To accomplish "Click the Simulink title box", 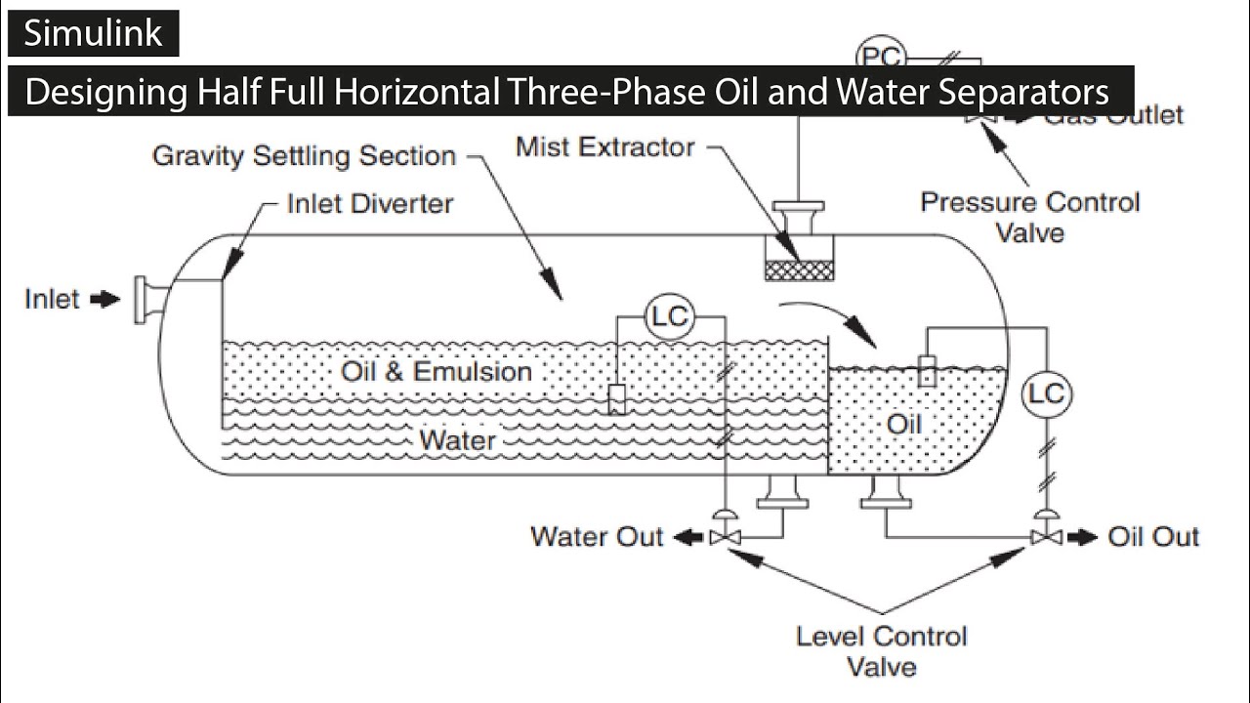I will click(93, 33).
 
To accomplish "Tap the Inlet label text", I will click(52, 299).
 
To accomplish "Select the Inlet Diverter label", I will click(370, 204).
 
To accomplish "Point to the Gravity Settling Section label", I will click(304, 156).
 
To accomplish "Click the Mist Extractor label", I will click(604, 147).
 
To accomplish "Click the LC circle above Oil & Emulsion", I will click(670, 316).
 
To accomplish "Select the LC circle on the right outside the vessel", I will click(1046, 394).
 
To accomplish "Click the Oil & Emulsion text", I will click(437, 372).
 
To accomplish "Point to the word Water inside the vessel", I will click(457, 440).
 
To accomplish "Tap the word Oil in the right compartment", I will click(903, 425).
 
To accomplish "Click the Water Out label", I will click(596, 536).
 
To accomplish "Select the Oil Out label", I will click(1152, 537).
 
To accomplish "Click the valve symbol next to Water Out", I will click(725, 536).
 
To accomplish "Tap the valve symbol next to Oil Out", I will click(1046, 536).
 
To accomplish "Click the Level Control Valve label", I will click(881, 651).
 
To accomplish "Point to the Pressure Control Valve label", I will click(1029, 217).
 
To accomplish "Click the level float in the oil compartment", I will click(927, 371).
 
